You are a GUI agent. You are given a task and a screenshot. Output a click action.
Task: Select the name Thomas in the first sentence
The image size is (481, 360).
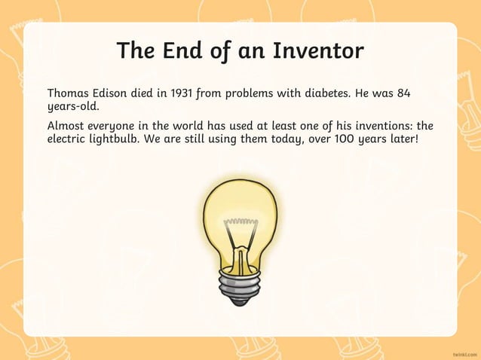(x=69, y=93)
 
